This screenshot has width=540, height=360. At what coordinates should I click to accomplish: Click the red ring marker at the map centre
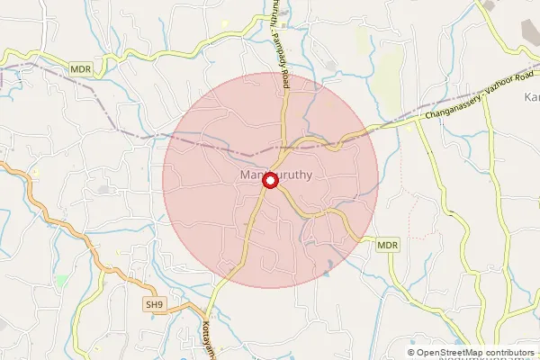[269, 181]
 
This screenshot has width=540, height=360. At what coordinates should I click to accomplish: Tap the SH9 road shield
[156, 306]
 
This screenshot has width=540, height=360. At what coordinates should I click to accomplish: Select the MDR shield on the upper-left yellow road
[80, 67]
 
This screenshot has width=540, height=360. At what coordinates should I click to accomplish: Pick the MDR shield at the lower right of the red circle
[387, 244]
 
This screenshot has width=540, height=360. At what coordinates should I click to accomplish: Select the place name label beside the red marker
[277, 176]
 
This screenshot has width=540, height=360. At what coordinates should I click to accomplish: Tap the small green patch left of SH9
[61, 281]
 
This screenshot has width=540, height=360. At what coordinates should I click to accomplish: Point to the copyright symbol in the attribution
[411, 352]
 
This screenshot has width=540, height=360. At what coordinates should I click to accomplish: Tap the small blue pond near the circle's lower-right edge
[328, 264]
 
